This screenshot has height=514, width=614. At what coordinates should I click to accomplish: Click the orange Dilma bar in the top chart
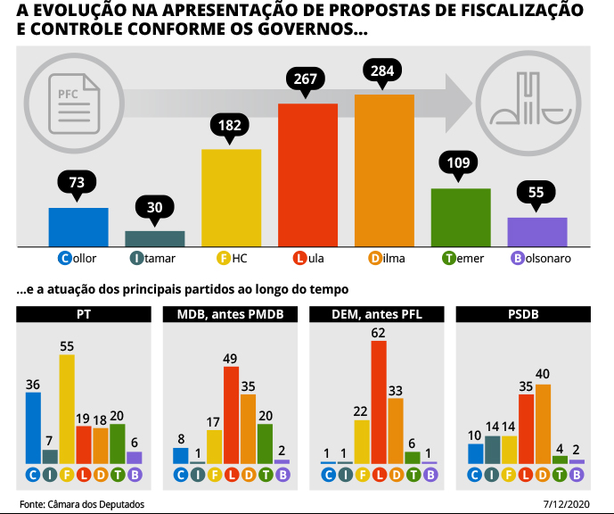click(x=384, y=170)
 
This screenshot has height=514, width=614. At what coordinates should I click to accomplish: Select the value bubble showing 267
click(x=306, y=79)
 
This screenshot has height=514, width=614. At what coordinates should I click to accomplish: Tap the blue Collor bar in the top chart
click(x=78, y=227)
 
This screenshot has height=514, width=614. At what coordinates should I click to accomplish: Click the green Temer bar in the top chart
click(x=461, y=217)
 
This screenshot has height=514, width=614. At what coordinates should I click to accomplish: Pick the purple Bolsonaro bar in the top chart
click(x=537, y=231)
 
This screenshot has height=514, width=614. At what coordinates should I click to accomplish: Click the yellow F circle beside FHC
click(x=224, y=259)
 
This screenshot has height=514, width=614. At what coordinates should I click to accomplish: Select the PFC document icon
click(x=68, y=95)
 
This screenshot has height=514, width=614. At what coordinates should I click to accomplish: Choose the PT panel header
click(x=83, y=314)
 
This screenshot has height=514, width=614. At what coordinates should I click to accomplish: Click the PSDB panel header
click(x=521, y=314)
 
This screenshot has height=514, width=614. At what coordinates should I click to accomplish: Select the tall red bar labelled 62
click(x=379, y=402)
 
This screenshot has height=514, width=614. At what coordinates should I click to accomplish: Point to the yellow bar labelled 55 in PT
click(x=67, y=409)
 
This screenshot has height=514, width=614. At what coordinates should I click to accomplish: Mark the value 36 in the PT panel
click(x=33, y=385)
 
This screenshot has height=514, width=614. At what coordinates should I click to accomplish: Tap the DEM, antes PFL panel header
click(x=375, y=314)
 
